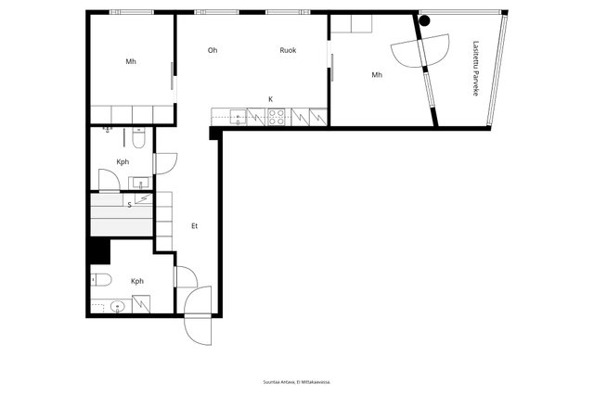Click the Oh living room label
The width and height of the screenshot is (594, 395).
pyautogui.click(x=213, y=50)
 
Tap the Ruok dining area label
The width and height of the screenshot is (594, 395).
pyautogui.click(x=288, y=50)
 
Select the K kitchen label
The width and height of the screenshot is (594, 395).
pyautogui.click(x=270, y=99)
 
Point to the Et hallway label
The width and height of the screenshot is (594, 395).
pyautogui.click(x=194, y=226)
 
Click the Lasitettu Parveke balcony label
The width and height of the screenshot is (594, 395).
pyautogui.click(x=476, y=69)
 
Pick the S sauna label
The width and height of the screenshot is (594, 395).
pyautogui.click(x=130, y=205)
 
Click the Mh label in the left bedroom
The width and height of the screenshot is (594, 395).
pyautogui.click(x=131, y=62)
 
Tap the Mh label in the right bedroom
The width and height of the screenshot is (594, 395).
pyautogui.click(x=377, y=75)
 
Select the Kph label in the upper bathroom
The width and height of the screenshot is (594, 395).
pyautogui.click(x=123, y=162)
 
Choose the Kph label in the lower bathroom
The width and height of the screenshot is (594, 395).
pyautogui.click(x=137, y=281)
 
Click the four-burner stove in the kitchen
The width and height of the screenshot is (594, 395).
pyautogui.click(x=277, y=117)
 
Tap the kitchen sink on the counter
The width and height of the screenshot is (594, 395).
pyautogui.click(x=238, y=117)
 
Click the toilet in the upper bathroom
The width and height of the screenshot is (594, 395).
pyautogui.click(x=138, y=138)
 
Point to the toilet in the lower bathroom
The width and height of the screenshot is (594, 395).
pyautogui.click(x=101, y=280)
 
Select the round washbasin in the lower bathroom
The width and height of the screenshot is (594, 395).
pyautogui.click(x=118, y=306)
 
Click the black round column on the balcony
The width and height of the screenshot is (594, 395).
pyautogui.click(x=425, y=20)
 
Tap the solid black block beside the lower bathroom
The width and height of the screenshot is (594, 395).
pyautogui.click(x=100, y=251)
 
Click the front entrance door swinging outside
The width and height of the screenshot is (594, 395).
pyautogui.click(x=198, y=315)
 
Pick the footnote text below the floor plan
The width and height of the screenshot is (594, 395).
pyautogui.click(x=297, y=382)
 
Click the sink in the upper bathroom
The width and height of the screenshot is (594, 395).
pyautogui.click(x=140, y=184)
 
